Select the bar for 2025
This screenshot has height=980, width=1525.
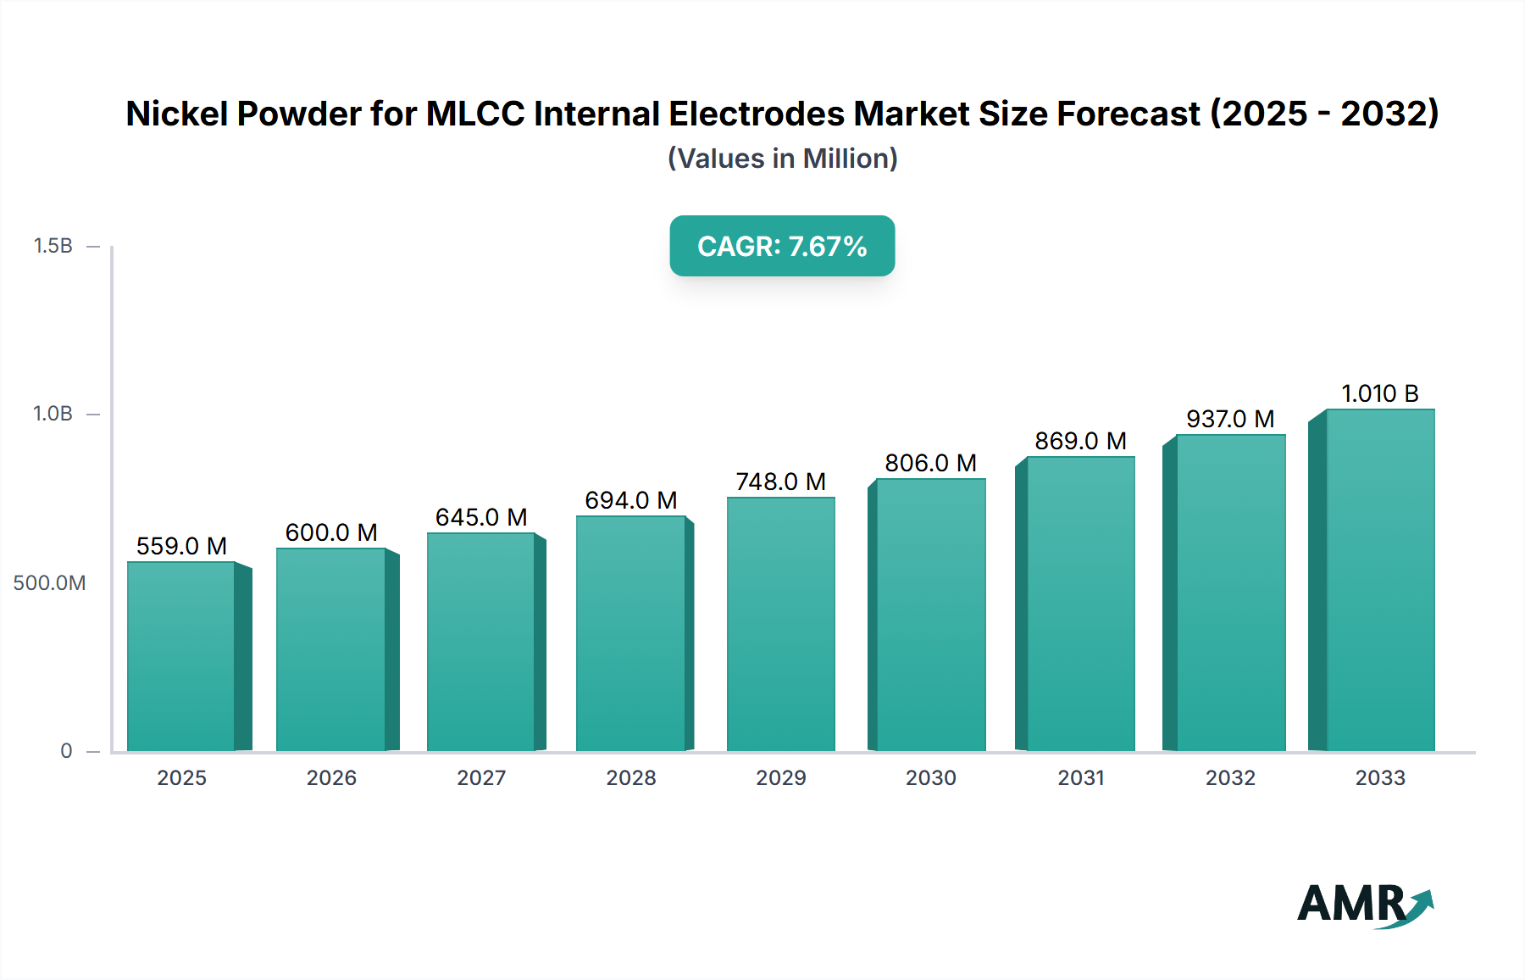(181, 656)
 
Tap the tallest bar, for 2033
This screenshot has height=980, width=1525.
(1379, 581)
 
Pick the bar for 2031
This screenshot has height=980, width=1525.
(1080, 604)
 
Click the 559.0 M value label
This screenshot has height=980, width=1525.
(181, 546)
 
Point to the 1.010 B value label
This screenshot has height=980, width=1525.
(1379, 393)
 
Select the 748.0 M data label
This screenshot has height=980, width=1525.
(780, 482)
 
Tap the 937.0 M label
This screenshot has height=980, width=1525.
(1230, 419)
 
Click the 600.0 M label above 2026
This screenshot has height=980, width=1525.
(331, 532)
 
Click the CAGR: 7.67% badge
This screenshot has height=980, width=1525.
(782, 246)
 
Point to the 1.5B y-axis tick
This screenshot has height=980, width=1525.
(53, 246)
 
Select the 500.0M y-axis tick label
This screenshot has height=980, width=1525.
(49, 583)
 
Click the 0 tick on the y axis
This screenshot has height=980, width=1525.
(66, 751)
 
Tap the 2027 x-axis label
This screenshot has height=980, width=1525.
(481, 777)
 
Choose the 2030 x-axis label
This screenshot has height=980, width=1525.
(930, 777)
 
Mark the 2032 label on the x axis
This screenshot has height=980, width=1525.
(1230, 777)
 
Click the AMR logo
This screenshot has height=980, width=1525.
(1364, 904)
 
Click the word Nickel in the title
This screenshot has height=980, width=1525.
(180, 114)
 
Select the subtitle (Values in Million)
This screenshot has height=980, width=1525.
(782, 159)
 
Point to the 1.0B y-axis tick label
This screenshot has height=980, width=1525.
(53, 414)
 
